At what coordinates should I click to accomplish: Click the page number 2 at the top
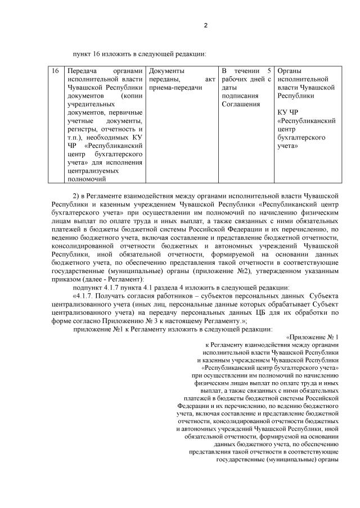tap(205, 25)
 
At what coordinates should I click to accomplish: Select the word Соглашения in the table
tap(241, 104)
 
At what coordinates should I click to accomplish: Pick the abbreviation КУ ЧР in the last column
tap(290, 112)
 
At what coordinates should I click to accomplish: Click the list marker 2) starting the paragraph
tap(78, 193)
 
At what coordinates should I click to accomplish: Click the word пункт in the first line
tap(82, 54)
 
